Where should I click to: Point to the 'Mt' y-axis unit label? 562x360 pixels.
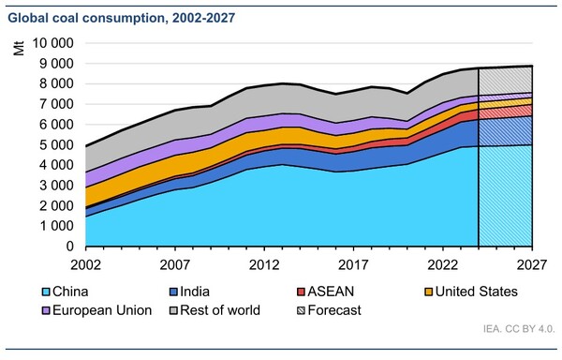tap(19, 47)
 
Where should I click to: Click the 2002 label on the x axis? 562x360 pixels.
tap(85, 264)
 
